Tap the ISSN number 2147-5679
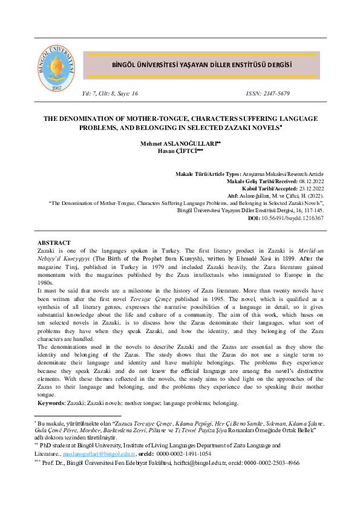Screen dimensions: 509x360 267,94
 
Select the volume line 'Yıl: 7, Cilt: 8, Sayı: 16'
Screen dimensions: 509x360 111,94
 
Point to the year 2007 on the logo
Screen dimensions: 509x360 57,88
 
